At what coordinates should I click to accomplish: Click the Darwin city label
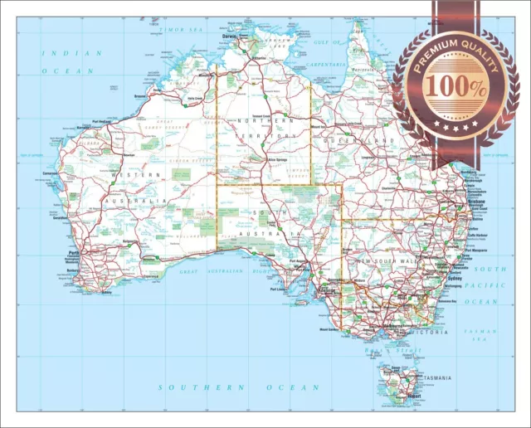(x=231, y=37)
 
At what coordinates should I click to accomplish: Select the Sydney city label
(x=455, y=279)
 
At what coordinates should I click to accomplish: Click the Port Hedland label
(x=101, y=121)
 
